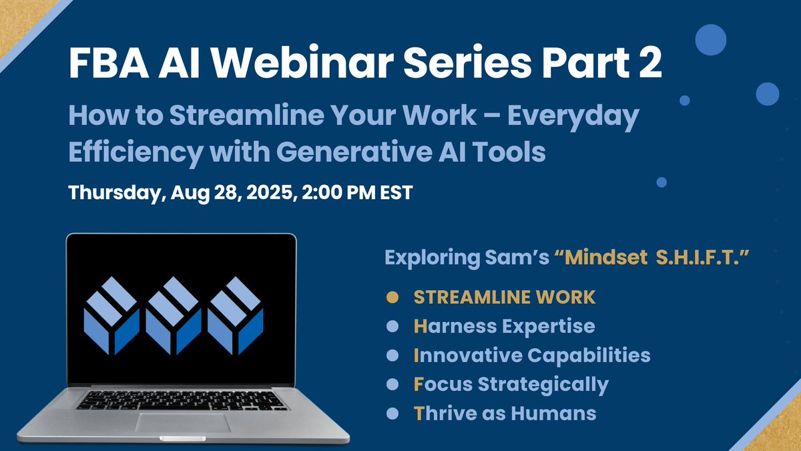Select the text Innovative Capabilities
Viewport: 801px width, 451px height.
click(x=531, y=355)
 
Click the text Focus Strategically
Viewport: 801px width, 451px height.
click(x=511, y=384)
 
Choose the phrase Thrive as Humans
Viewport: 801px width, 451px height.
click(x=505, y=414)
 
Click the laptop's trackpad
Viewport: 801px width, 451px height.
click(x=183, y=423)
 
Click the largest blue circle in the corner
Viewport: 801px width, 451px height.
click(x=710, y=40)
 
